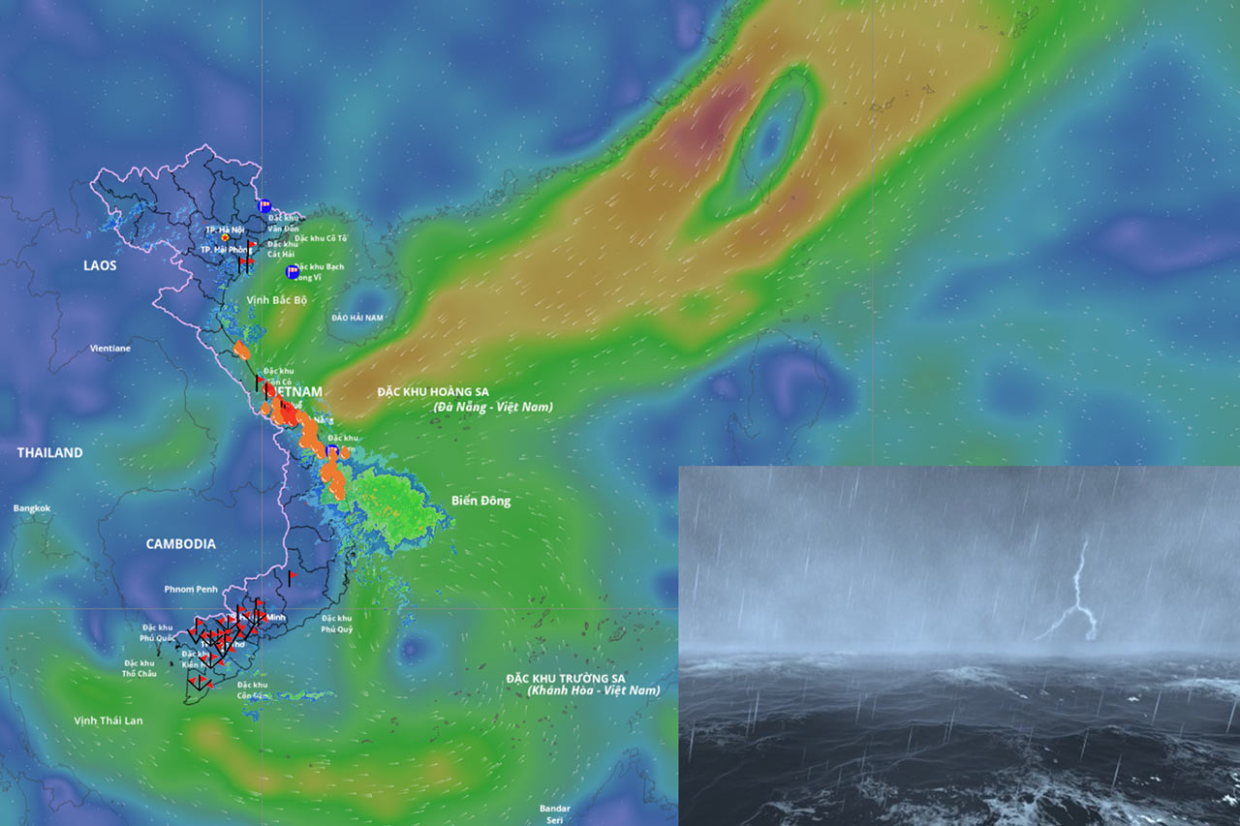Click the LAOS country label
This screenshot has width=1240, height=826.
point(100,265)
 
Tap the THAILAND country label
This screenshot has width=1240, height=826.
point(49,452)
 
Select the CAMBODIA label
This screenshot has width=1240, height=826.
point(180,544)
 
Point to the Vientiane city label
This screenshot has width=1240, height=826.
point(110,346)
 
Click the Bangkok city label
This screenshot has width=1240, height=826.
point(31,508)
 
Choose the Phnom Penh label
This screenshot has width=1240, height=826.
point(191,589)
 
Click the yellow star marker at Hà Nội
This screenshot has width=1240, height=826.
point(226,237)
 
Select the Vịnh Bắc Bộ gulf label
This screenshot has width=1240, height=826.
point(276,300)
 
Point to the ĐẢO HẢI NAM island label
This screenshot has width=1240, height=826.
point(356,318)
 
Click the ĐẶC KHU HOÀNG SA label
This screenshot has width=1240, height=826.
point(433,391)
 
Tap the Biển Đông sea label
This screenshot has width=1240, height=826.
point(480,501)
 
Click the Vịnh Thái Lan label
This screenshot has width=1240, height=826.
point(108,720)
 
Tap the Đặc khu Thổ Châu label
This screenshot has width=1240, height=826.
point(139,668)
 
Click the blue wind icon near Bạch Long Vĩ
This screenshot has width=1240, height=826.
point(292,271)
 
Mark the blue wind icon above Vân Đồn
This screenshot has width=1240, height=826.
point(264,204)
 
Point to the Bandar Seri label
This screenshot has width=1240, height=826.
point(555,814)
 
